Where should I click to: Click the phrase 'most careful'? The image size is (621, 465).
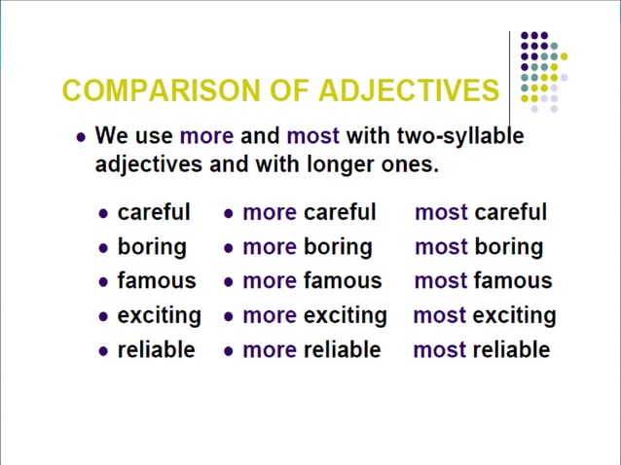(x=481, y=212)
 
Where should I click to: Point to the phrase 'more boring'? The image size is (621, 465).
(x=307, y=247)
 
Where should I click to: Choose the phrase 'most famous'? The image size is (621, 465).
(x=483, y=281)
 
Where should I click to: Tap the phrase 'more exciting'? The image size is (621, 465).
(x=313, y=316)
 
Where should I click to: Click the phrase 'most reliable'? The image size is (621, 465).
(x=481, y=350)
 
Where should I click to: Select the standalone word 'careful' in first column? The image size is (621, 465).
(x=154, y=212)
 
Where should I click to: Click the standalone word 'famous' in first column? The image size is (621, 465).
(x=156, y=281)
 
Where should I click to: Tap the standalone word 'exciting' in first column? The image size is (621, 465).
(x=159, y=316)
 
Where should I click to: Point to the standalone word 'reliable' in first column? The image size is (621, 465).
(x=156, y=350)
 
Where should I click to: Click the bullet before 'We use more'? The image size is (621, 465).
(x=82, y=137)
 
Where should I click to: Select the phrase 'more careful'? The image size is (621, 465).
(x=309, y=212)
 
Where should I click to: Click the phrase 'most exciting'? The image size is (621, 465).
(x=485, y=316)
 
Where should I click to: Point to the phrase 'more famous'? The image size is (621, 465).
(x=311, y=281)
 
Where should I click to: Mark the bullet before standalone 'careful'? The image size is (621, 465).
(x=104, y=214)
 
